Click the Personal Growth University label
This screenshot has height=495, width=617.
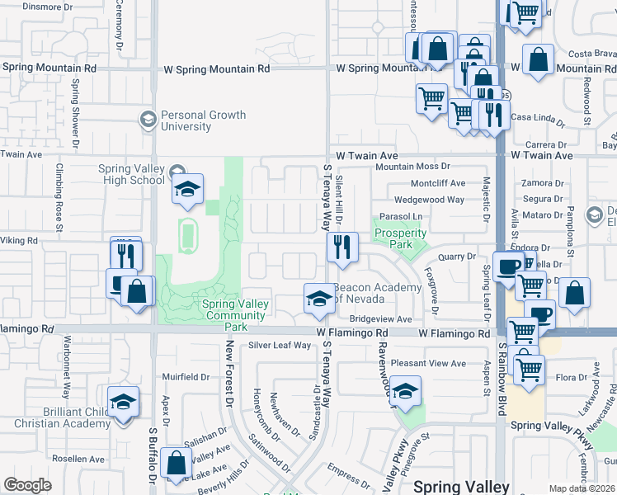click(x=186, y=120)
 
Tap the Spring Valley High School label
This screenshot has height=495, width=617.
click(x=131, y=175)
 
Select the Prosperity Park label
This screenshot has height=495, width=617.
click(x=400, y=233)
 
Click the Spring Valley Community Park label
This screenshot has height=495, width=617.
click(x=236, y=315)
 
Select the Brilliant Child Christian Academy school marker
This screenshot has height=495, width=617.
click(x=123, y=402)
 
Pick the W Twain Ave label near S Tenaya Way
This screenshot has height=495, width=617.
click(x=367, y=155)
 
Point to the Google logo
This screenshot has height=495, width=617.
click(x=27, y=485)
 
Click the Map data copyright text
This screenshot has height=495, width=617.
click(x=582, y=488)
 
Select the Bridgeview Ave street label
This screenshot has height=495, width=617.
click(x=380, y=319)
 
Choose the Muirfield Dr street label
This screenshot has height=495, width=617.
click(x=186, y=377)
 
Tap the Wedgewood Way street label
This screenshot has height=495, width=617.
click(x=429, y=200)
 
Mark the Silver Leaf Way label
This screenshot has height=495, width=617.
click(x=280, y=346)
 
